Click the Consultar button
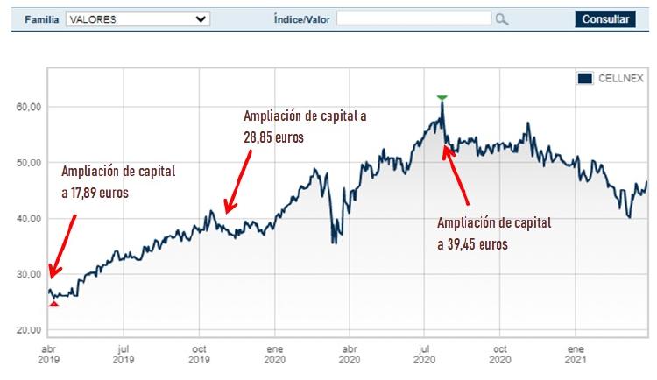605,18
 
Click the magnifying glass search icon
502,18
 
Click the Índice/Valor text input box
413,18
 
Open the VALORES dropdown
138,18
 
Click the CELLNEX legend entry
611,79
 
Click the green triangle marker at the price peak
442,97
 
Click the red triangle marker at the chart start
53,303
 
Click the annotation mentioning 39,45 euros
494,233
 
